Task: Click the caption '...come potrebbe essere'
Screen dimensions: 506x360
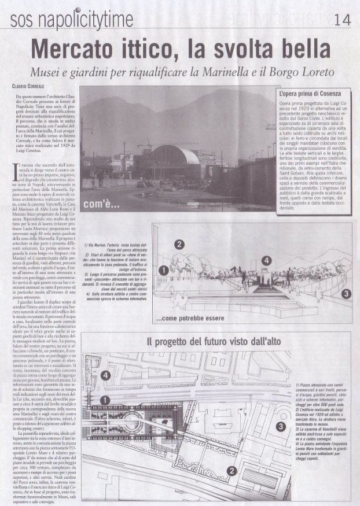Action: point(190,318)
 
